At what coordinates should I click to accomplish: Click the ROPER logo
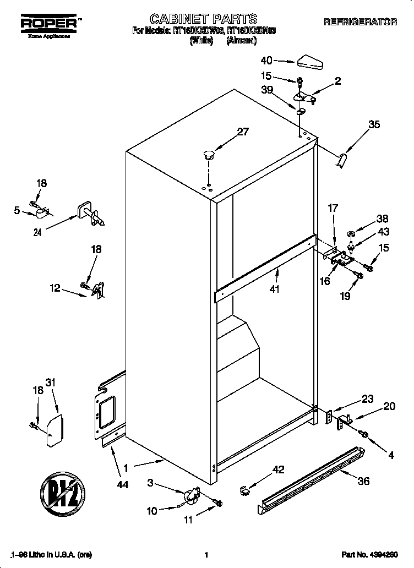pos(48,23)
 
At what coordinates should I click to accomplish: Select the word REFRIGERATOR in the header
pos(360,22)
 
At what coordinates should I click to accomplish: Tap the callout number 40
pos(266,61)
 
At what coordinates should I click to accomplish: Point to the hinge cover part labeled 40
pos(310,62)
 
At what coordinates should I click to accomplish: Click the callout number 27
pos(243,132)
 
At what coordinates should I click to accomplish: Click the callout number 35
pos(374,124)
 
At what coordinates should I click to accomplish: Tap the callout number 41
pos(275,288)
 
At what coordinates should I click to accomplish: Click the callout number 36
pos(363,480)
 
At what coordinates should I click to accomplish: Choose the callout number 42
pos(279,469)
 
